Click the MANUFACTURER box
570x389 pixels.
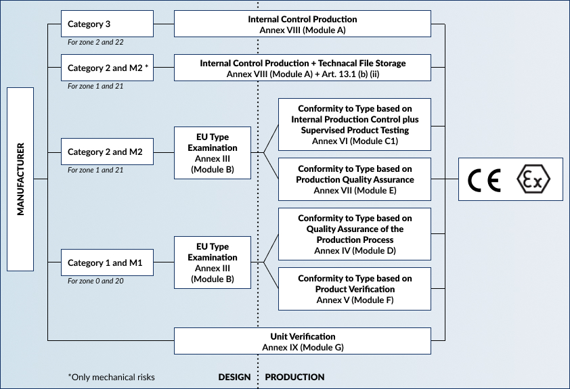pyautogui.click(x=20, y=179)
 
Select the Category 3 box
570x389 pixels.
pyautogui.click(x=107, y=24)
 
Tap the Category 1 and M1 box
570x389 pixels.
pyautogui.click(x=107, y=262)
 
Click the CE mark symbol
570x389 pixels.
pyautogui.click(x=484, y=180)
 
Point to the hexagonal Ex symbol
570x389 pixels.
pyautogui.click(x=533, y=179)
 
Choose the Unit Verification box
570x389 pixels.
pyautogui.click(x=303, y=341)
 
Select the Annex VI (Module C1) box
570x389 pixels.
pyautogui.click(x=355, y=124)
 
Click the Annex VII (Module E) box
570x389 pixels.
pyautogui.click(x=355, y=179)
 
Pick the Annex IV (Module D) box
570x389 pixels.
pyautogui.click(x=355, y=234)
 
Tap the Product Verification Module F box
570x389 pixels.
pyautogui.click(x=355, y=289)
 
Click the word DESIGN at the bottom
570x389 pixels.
pyautogui.click(x=234, y=377)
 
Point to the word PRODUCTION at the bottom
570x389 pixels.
pyautogui.click(x=294, y=377)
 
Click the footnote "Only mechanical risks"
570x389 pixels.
pyautogui.click(x=111, y=377)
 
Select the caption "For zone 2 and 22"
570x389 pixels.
pyautogui.click(x=95, y=42)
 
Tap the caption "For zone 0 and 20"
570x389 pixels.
pyautogui.click(x=95, y=281)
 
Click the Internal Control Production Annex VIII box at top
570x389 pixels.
pyautogui.click(x=303, y=24)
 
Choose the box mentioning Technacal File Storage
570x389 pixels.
pyautogui.click(x=303, y=68)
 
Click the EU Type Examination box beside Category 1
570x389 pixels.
pyautogui.click(x=213, y=262)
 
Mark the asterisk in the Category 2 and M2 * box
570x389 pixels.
pyautogui.click(x=146, y=67)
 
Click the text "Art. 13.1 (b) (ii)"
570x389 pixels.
pyautogui.click(x=351, y=74)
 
